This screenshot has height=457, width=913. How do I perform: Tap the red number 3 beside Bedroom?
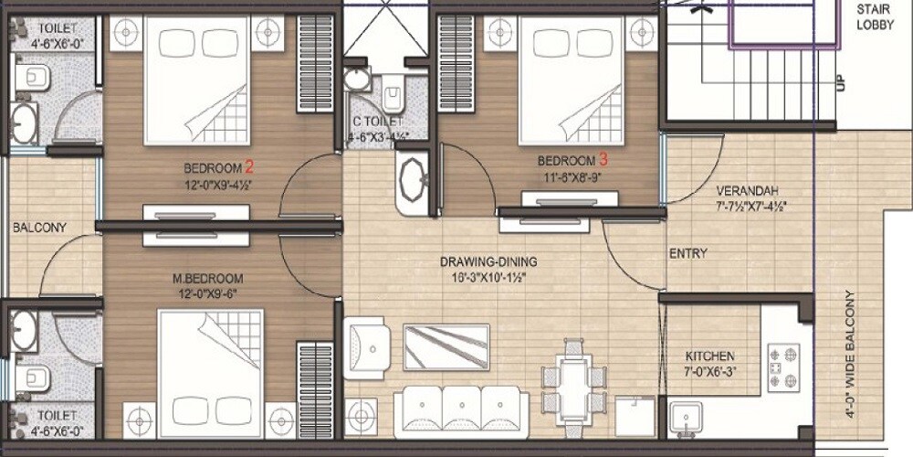[603, 159]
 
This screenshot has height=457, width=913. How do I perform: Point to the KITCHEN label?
[710, 356]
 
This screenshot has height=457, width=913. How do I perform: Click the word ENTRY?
[688, 253]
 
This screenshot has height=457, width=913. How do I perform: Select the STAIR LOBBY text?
[875, 17]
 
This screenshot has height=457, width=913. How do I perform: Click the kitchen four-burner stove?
[783, 367]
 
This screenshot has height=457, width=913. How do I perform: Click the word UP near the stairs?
[839, 83]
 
